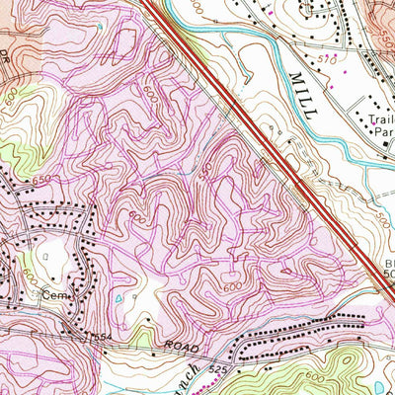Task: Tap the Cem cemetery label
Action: click(x=44, y=295)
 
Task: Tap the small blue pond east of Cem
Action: click(x=119, y=297)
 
